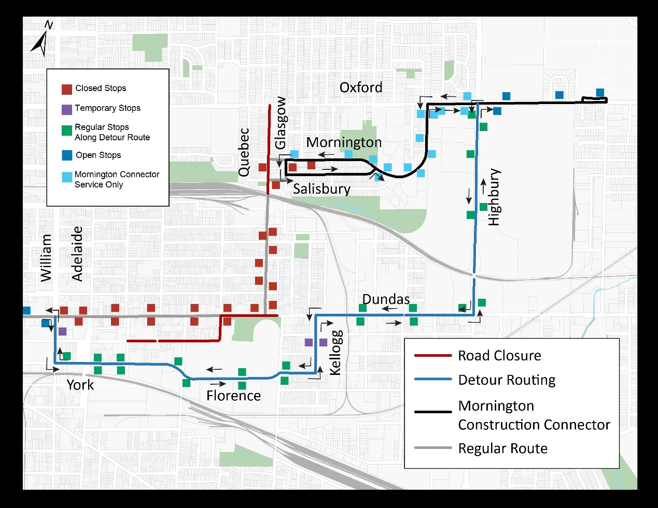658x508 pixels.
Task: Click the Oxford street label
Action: pyautogui.click(x=361, y=88)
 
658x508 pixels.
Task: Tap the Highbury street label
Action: pyautogui.click(x=495, y=197)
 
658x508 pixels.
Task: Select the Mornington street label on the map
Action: pyautogui.click(x=344, y=142)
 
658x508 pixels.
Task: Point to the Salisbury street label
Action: pyautogui.click(x=321, y=190)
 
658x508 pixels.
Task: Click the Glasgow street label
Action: pyautogui.click(x=281, y=123)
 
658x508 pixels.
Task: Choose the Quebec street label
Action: pyautogui.click(x=244, y=152)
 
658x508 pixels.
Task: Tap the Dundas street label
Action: pyautogui.click(x=386, y=299)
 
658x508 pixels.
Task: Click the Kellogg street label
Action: pyautogui.click(x=336, y=353)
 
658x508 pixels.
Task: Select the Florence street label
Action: pyautogui.click(x=233, y=396)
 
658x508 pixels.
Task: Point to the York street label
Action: pyautogui.click(x=80, y=385)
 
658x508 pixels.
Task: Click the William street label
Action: pyautogui.click(x=46, y=258)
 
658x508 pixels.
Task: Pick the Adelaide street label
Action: pyautogui.click(x=77, y=254)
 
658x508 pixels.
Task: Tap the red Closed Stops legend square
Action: pyautogui.click(x=67, y=90)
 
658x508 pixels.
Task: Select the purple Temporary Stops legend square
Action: pyautogui.click(x=67, y=110)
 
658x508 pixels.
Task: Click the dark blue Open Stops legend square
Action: pyautogui.click(x=67, y=155)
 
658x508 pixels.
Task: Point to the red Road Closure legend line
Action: pyautogui.click(x=433, y=356)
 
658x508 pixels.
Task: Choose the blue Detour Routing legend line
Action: pyautogui.click(x=433, y=379)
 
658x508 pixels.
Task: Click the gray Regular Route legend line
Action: pyautogui.click(x=433, y=448)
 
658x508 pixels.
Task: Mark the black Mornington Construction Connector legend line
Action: pyautogui.click(x=433, y=412)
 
